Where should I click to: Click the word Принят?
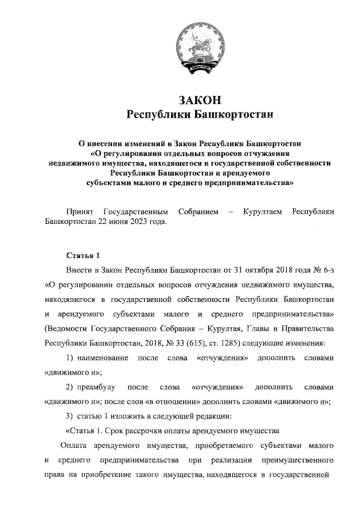click(79, 211)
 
